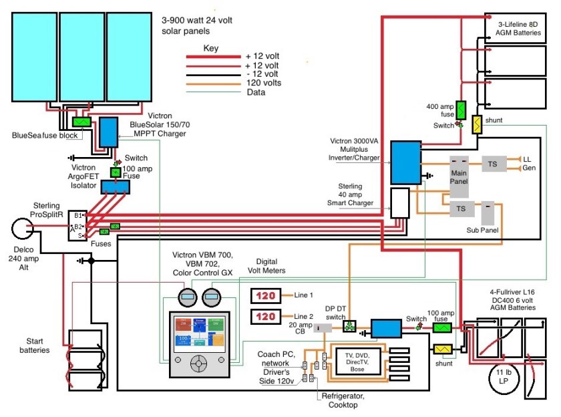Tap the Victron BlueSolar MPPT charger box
pyautogui.click(x=107, y=132)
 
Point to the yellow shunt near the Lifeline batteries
pyautogui.click(x=478, y=125)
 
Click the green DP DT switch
pyautogui.click(x=348, y=326)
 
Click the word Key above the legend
pyautogui.click(x=211, y=49)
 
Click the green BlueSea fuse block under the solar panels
pyautogui.click(x=83, y=122)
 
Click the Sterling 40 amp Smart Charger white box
pyautogui.click(x=400, y=202)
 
